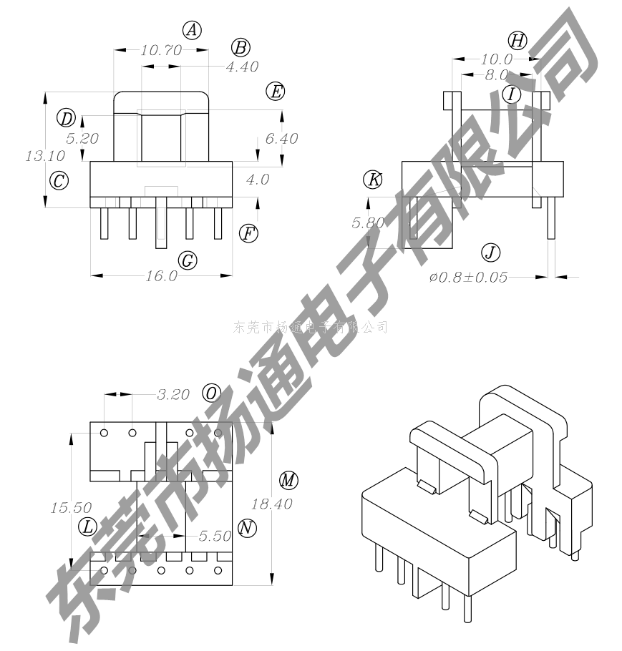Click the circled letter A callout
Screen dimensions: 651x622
coord(192,30)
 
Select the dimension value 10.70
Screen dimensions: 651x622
coord(161,50)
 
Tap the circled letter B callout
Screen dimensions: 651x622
coord(241,48)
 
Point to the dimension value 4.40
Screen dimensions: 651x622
coord(241,67)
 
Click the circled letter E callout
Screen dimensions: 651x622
coord(275,92)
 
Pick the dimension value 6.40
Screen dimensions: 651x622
coord(281,139)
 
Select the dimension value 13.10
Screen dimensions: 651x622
coord(45,155)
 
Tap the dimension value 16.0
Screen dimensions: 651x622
coord(161,276)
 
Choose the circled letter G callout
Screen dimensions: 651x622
coord(187,260)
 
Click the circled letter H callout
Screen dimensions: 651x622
coord(517,40)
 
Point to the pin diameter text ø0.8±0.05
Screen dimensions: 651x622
coord(469,277)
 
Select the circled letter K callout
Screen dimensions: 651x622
coord(373,180)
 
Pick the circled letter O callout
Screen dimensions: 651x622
coord(212,393)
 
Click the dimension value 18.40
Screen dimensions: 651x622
coord(272,504)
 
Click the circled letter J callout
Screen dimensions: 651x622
coord(490,252)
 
